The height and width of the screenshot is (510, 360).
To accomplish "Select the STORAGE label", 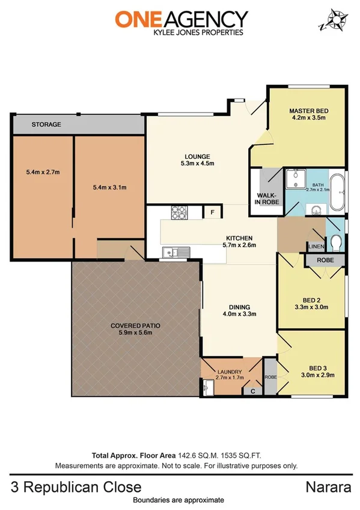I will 46,124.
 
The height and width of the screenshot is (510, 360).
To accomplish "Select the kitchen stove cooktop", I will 180,213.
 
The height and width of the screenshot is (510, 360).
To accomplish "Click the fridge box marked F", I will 212,213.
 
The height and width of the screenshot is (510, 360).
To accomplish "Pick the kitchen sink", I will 175,253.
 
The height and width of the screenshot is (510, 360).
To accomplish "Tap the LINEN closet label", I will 316,247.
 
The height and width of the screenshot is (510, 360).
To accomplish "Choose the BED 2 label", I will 311,303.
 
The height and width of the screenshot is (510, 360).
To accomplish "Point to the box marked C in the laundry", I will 252,390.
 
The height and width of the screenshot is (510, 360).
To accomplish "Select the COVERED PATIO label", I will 135,325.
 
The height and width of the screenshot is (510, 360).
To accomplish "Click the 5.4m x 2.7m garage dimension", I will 43,173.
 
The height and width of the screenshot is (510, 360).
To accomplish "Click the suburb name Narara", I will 329,487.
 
